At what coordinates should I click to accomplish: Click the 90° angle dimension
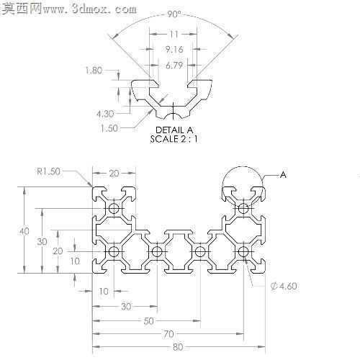click(x=174, y=14)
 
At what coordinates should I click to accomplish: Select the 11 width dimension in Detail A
click(x=174, y=35)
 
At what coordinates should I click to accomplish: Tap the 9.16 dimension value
click(x=174, y=50)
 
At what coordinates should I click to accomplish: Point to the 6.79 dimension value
click(x=174, y=66)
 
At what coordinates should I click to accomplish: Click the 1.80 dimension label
click(x=94, y=71)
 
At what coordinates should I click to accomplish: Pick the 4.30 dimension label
click(x=105, y=114)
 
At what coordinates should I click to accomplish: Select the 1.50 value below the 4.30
click(x=109, y=128)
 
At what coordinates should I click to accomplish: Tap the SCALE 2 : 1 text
click(x=174, y=139)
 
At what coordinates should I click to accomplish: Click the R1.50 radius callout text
click(x=48, y=171)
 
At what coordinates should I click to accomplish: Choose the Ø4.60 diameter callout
click(x=284, y=286)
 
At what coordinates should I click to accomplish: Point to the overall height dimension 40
click(x=24, y=231)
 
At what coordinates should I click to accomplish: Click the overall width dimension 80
click(x=178, y=347)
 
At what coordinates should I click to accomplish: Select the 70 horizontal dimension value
click(x=168, y=334)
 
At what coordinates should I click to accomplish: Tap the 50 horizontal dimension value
click(x=148, y=321)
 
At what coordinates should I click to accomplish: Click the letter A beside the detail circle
click(x=284, y=175)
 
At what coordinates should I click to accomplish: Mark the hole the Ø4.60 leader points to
click(x=243, y=252)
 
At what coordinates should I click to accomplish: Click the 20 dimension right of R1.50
click(x=114, y=173)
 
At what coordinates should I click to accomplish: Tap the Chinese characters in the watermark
click(x=22, y=9)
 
